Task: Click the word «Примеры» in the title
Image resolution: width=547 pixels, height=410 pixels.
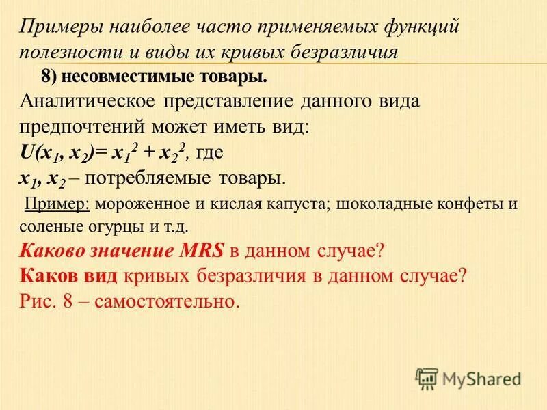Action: [57, 28]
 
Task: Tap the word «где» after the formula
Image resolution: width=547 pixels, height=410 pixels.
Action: [212, 152]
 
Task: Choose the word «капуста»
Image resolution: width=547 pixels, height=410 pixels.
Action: [291, 203]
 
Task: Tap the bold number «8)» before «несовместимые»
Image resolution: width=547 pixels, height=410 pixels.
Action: [50, 77]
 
